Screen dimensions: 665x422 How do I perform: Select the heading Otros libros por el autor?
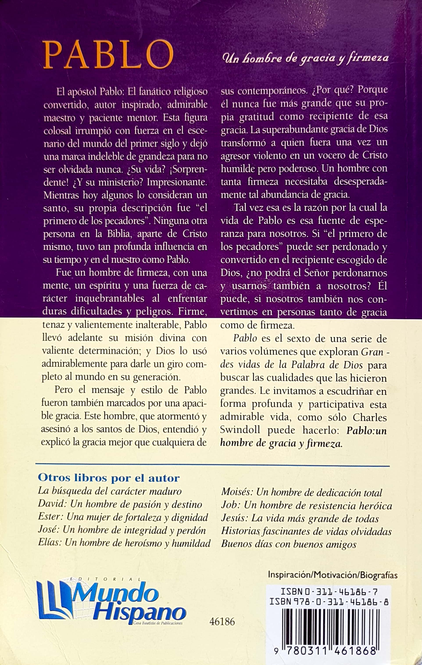pos(109,478)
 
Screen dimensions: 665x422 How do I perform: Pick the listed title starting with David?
pos(120,504)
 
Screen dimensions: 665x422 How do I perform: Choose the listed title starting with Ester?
pos(123,517)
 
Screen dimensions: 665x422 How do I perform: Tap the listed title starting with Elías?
pos(124,543)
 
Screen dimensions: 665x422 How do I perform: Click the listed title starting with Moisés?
pos(301,493)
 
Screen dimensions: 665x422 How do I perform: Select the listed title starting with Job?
pos(306,505)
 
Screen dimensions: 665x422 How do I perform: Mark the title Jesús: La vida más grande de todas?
pos(300,518)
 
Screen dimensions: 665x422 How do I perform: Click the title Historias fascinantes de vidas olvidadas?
pos(306,531)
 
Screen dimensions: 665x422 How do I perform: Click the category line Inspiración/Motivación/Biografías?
pos(333,576)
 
